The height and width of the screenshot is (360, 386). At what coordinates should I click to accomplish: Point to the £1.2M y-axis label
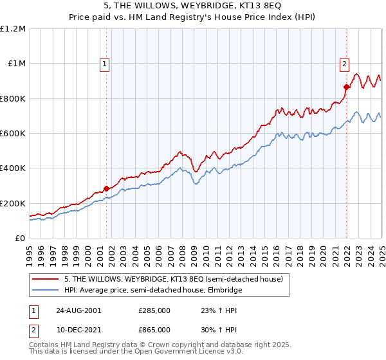coord(14,29)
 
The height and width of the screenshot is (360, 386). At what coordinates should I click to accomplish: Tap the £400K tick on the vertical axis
coord(13,168)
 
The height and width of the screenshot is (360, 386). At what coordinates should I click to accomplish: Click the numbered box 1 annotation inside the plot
coord(104,64)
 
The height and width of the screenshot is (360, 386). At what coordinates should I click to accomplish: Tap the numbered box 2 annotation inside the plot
coord(345,64)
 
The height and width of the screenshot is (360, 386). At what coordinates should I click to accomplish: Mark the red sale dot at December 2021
coord(346,87)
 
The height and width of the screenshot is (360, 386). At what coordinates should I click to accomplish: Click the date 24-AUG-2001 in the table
coord(78,310)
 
